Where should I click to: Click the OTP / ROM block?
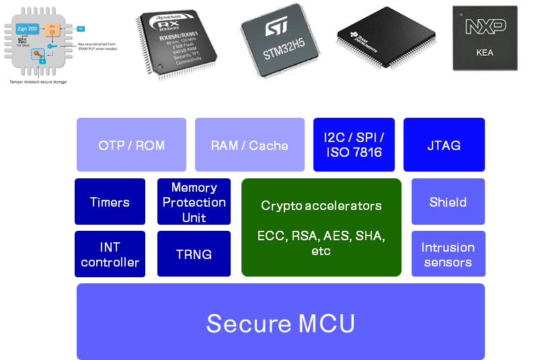(x=131, y=145)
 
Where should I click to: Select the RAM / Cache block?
(x=250, y=145)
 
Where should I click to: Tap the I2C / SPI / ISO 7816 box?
(x=353, y=145)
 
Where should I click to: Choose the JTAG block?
(x=444, y=145)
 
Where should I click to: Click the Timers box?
(x=110, y=202)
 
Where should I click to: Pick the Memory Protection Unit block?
(x=194, y=202)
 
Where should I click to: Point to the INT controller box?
(x=110, y=254)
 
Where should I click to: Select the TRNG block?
(x=194, y=254)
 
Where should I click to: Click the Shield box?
(x=448, y=202)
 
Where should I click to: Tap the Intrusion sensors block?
(x=448, y=254)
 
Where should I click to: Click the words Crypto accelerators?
(x=321, y=206)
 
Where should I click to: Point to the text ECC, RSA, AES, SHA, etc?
(x=321, y=243)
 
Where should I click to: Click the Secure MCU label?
(x=280, y=324)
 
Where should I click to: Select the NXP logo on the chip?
(x=486, y=27)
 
